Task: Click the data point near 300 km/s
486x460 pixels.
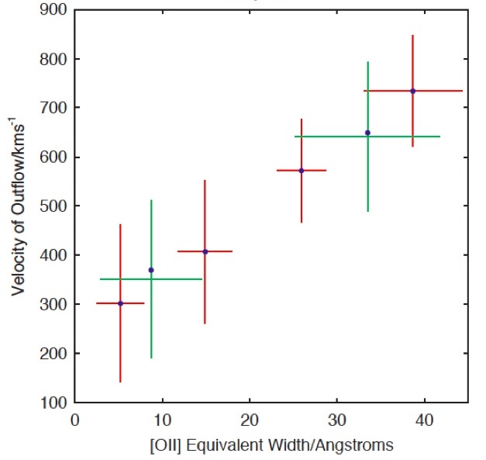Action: point(120,303)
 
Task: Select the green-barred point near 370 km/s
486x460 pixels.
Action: point(151,270)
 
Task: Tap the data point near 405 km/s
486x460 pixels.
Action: point(205,251)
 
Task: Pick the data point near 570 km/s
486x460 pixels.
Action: point(302,171)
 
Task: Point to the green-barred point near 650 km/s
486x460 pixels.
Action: point(367,133)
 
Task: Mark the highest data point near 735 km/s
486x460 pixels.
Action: point(412,91)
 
